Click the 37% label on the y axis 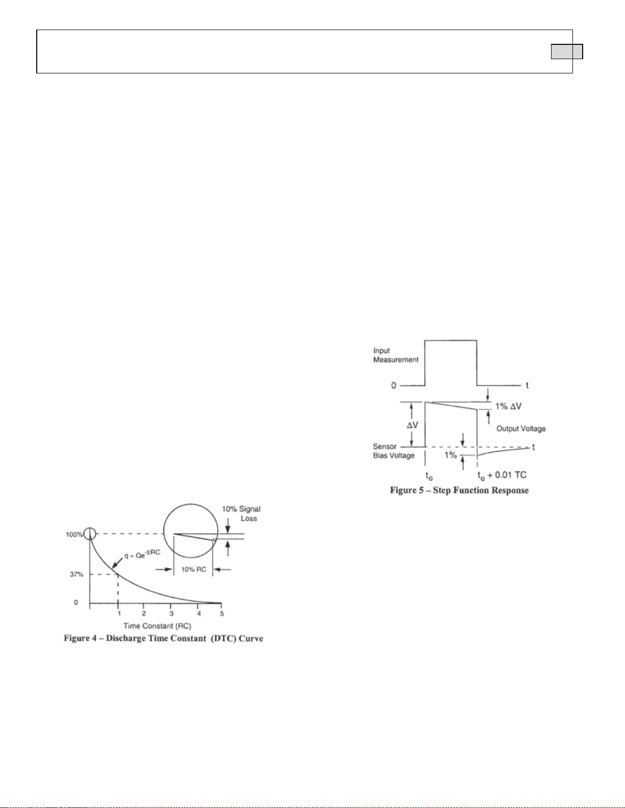tap(77, 575)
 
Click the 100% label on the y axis tap(74, 534)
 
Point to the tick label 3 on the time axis tap(171, 613)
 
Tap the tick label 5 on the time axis tap(221, 613)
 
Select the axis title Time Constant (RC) tap(157, 625)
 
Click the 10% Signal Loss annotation tap(241, 513)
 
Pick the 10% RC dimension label tap(193, 569)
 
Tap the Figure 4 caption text tap(163, 639)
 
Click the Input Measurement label tap(395, 355)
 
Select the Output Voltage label tap(521, 429)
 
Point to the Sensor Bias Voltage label tap(393, 451)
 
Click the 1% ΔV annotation tap(509, 406)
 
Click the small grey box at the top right tap(567, 52)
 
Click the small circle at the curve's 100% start tap(90, 534)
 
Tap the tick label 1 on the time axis tap(119, 613)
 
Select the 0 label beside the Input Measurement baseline tap(393, 385)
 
